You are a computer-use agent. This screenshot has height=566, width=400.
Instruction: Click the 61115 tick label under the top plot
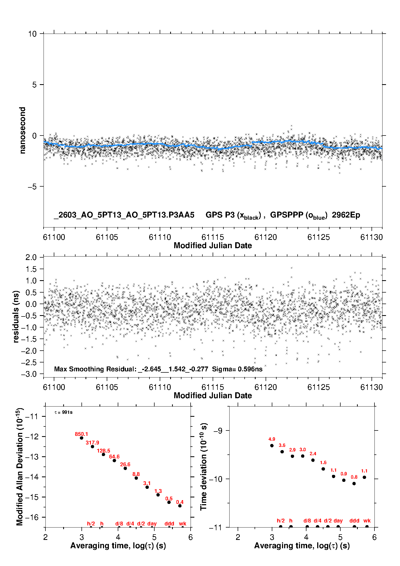[213, 237]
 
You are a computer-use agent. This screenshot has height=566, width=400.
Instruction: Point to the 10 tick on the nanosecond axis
[32, 34]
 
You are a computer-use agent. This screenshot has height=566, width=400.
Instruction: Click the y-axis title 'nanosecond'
[22, 130]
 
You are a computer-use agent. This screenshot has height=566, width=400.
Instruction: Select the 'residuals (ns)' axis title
[16, 316]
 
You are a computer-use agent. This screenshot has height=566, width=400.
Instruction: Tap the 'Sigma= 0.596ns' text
[237, 369]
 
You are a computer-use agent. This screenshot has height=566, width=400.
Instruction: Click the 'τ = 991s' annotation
[63, 412]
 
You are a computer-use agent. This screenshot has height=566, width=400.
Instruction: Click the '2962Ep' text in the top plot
[346, 215]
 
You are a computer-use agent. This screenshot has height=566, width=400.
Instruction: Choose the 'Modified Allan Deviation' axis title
[20, 467]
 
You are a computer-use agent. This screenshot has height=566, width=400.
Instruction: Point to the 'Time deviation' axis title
[203, 467]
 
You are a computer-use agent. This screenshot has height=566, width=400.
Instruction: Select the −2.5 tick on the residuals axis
[35, 362]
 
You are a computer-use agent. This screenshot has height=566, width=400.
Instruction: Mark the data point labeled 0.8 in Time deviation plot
[354, 483]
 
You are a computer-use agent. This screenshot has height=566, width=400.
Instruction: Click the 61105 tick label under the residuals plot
[107, 387]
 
